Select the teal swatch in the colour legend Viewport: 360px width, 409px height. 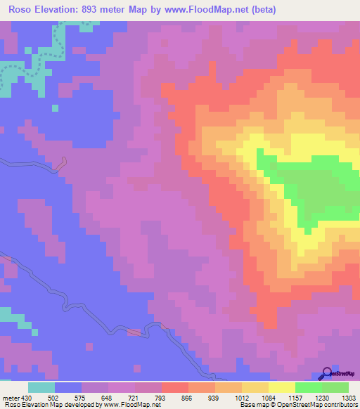click(x=41, y=387)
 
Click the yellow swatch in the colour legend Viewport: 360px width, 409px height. click(x=282, y=387)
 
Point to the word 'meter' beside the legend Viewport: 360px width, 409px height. click(x=11, y=397)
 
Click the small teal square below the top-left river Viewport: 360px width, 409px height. click(x=54, y=108)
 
